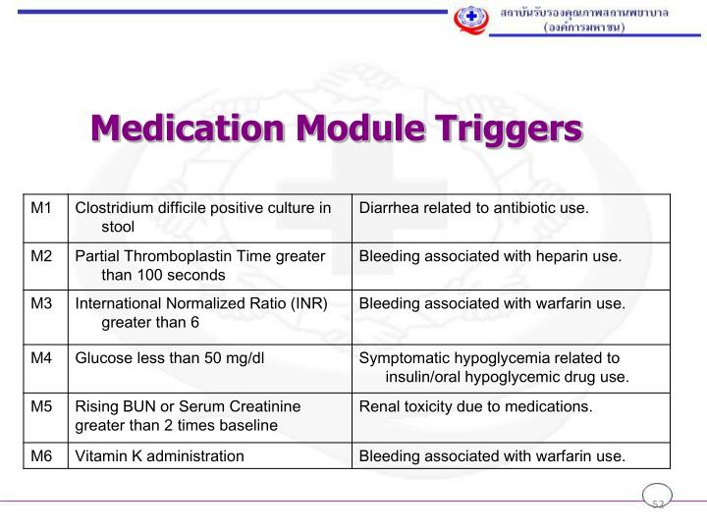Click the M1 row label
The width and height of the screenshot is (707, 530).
coord(40,208)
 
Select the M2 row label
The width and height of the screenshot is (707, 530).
coord(40,256)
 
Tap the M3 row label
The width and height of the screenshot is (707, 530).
coord(40,303)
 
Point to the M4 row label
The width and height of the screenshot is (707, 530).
coord(40,357)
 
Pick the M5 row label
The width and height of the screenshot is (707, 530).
coord(40,405)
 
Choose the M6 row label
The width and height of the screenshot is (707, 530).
coord(40,455)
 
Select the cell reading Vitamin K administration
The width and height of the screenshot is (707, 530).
coord(160,455)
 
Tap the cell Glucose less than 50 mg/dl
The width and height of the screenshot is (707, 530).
coord(170,357)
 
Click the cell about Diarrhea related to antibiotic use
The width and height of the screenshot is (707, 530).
coord(473,208)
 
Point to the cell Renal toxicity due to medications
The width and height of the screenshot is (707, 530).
coord(475,405)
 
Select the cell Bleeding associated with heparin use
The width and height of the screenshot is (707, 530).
coord(490,256)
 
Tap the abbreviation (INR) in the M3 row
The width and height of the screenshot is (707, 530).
coord(304,303)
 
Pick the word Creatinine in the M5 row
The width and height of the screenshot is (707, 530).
coord(266,405)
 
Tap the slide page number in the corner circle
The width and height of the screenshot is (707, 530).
coord(658,503)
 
